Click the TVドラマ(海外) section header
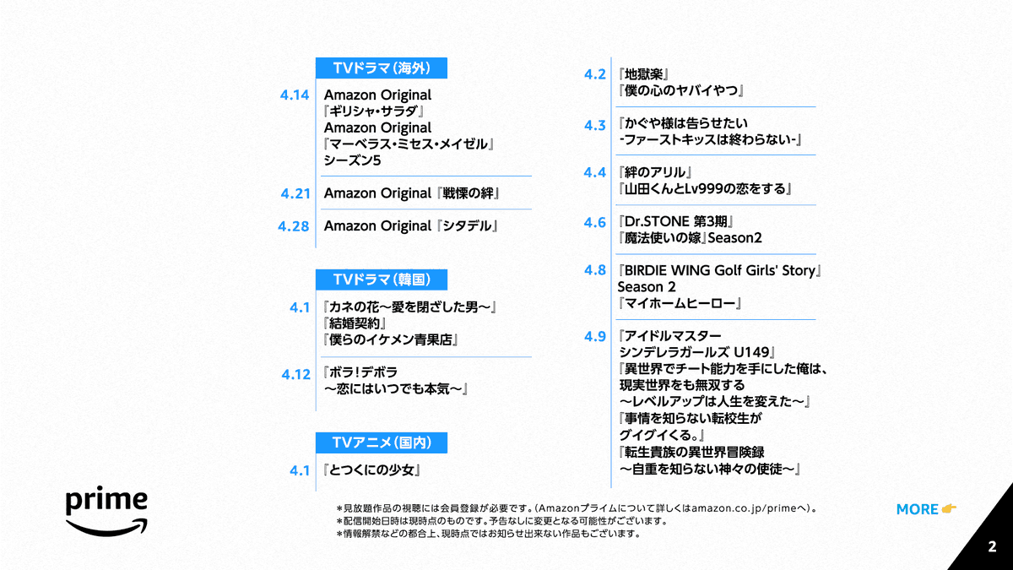pos(381,68)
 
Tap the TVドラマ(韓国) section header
pos(381,280)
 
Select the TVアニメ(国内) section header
pos(381,442)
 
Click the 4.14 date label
pos(295,95)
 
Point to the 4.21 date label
pos(295,193)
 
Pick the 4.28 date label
pos(294,226)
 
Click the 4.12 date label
pos(295,374)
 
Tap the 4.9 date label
pos(595,336)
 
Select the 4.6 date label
pos(595,222)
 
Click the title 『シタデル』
pos(469,226)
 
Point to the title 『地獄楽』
pos(644,74)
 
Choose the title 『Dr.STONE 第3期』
pos(675,222)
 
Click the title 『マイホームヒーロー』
pos(680,303)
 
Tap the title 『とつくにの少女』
pos(371,470)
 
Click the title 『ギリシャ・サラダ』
pos(372,111)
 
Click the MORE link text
pos(917,509)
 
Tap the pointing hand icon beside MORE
pos(950,508)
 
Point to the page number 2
pos(992,547)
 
